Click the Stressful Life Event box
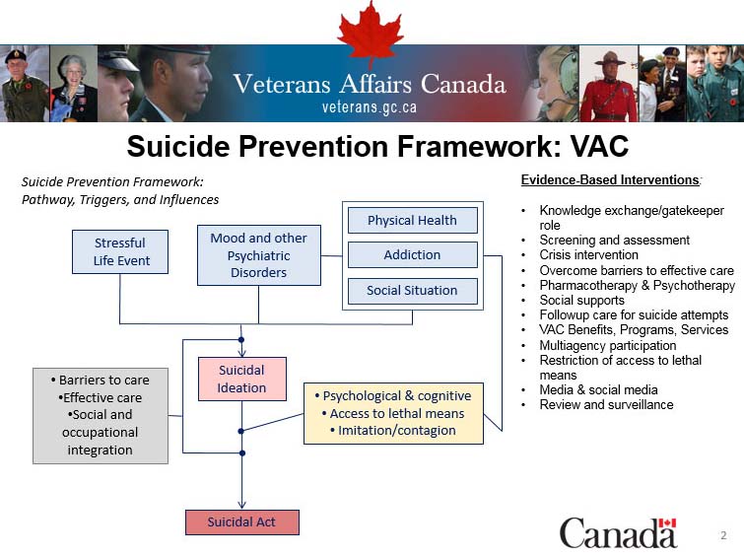click(x=119, y=251)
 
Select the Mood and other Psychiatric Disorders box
click(x=258, y=254)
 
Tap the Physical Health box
click(x=412, y=220)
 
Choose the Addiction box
click(x=412, y=255)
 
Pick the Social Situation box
click(x=412, y=291)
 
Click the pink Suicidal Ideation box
click(x=241, y=379)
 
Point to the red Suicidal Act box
click(x=241, y=521)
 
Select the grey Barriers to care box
click(x=100, y=414)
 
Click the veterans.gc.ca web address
click(x=370, y=106)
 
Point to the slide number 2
click(x=722, y=535)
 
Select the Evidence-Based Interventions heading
click(x=610, y=180)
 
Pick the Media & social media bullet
click(x=598, y=389)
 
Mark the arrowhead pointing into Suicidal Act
click(x=241, y=504)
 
